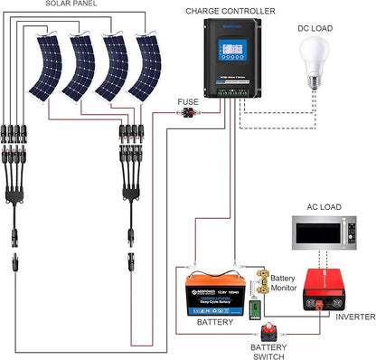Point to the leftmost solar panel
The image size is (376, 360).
click(x=51, y=67)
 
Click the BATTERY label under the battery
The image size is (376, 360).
click(x=214, y=321)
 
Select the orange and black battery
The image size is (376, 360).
click(x=213, y=291)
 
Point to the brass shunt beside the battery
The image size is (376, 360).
click(x=260, y=281)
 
